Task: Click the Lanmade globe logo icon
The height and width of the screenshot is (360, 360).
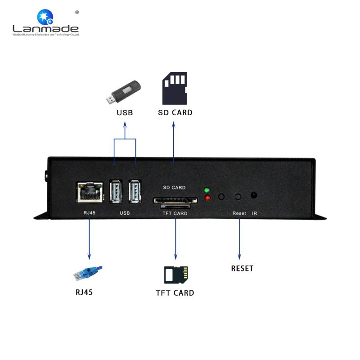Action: pos(45,17)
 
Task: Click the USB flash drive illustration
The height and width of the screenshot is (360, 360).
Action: pos(123,92)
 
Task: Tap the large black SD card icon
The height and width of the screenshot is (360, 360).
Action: pos(175,88)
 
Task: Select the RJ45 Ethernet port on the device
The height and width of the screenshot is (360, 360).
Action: pos(90,193)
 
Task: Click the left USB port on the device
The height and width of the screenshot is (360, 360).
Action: pos(116,192)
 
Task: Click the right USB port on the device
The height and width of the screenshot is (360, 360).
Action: pos(135,192)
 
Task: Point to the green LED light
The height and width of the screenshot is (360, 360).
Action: pos(207,190)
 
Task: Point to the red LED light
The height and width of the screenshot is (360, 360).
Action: pos(207,198)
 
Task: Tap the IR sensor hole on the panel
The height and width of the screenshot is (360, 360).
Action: pos(254,195)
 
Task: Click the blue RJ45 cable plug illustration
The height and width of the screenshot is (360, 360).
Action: pos(88,273)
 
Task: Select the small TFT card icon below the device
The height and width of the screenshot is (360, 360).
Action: pos(176,275)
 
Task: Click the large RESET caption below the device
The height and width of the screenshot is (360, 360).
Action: pos(242,268)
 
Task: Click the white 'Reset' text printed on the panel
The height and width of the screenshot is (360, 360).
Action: pos(239,213)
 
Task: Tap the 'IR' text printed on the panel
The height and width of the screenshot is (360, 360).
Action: pos(254,213)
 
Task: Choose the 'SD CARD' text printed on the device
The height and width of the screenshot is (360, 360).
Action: pos(174,188)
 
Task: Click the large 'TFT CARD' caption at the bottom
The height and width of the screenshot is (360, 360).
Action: pos(175,293)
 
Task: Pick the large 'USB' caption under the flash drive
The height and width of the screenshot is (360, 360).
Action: pos(125,113)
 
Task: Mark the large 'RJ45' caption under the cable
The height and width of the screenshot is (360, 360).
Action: pos(84,292)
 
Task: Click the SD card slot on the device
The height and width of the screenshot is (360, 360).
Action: pos(175,200)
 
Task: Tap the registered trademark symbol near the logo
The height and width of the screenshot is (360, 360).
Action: pos(77,13)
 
